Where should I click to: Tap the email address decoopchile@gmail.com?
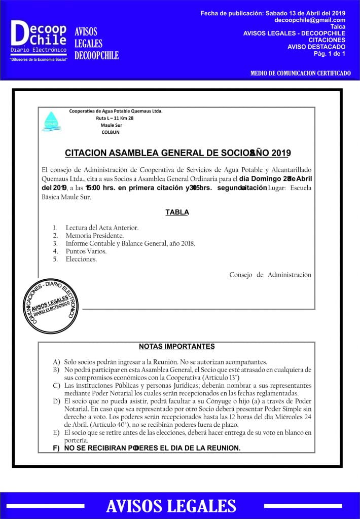(309, 20)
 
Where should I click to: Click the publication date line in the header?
(273, 12)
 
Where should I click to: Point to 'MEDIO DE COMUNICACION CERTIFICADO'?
(300, 73)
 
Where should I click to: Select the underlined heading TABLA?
(177, 212)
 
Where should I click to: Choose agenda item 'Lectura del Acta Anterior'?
(102, 228)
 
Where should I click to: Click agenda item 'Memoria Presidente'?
(94, 236)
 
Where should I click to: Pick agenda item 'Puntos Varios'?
(86, 251)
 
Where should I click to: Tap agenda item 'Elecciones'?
(81, 259)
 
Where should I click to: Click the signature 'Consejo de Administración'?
(270, 275)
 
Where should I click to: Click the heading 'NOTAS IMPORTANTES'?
(177, 347)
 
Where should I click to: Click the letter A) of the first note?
(56, 362)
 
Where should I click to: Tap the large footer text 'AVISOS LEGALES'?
(171, 506)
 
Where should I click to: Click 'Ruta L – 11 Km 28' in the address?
(115, 118)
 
